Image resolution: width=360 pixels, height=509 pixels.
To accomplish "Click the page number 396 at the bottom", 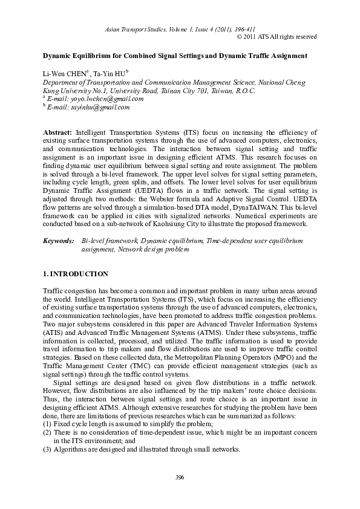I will click(x=180, y=478).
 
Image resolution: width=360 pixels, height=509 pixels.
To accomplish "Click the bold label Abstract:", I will click(x=58, y=131).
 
